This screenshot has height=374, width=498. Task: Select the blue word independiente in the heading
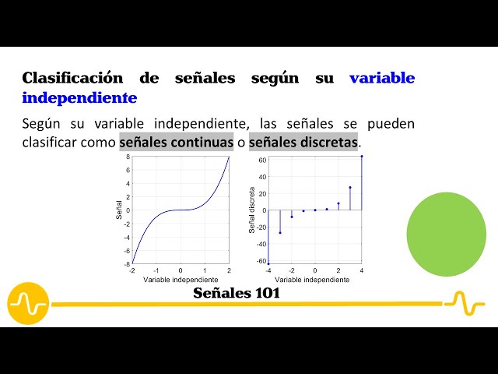point(79,98)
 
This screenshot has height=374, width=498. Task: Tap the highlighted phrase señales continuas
point(176,143)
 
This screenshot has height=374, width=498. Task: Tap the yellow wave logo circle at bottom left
point(28,303)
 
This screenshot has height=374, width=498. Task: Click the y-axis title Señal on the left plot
point(119,210)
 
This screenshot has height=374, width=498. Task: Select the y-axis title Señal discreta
point(252,210)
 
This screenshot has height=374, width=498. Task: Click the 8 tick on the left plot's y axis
point(128,157)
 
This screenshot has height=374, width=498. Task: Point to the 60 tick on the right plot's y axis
point(262,161)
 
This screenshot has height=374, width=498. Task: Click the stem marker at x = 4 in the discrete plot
point(362,157)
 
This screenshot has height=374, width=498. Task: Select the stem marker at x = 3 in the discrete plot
point(350,188)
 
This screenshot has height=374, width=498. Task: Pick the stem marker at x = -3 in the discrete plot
point(280,232)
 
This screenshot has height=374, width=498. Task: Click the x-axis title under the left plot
point(181,279)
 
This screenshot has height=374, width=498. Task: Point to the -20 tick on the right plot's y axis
point(261,227)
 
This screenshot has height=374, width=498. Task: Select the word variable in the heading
point(382,78)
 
